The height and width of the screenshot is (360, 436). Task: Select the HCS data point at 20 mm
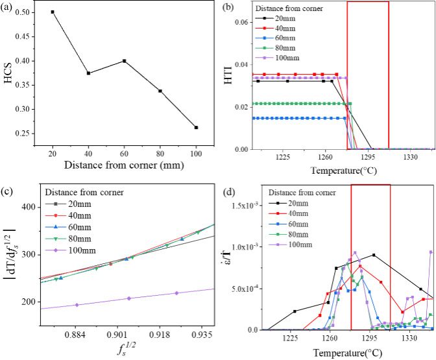53,12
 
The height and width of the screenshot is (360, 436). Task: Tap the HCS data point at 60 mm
124,61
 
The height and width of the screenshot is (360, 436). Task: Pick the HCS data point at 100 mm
196,127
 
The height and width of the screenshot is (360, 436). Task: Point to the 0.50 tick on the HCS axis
29,12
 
